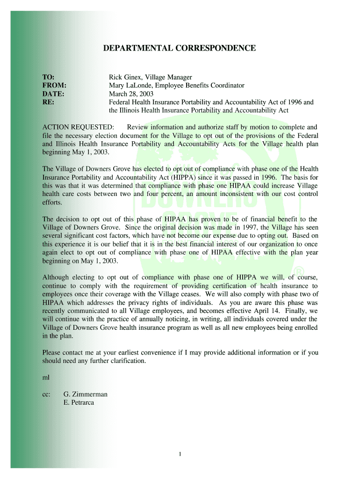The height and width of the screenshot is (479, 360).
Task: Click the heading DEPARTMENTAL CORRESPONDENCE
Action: [x=180, y=48]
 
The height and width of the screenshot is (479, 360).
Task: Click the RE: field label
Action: [x=48, y=102]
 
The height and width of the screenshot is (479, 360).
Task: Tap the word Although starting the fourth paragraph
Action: [x=58, y=277]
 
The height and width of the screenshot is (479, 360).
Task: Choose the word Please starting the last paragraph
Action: [x=52, y=353]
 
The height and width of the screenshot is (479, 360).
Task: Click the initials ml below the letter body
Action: [x=45, y=377]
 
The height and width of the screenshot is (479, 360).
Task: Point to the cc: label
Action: [x=46, y=394]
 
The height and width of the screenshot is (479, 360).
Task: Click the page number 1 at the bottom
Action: [x=180, y=454]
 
